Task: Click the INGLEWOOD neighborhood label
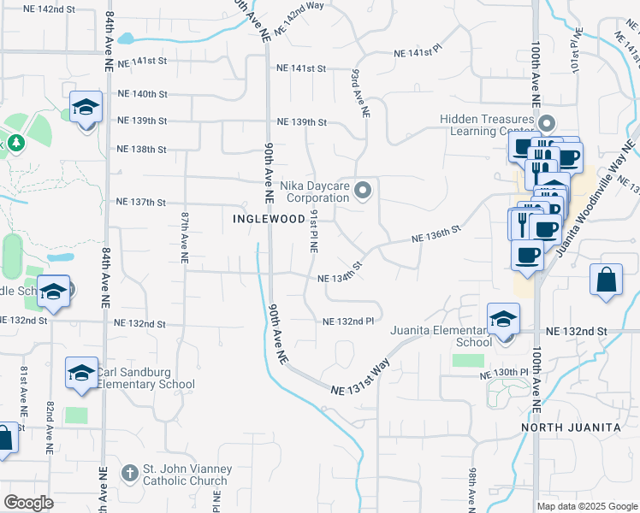point(269,219)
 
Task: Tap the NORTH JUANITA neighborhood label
point(566,427)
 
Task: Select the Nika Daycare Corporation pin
point(363,190)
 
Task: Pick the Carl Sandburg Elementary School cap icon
point(82,374)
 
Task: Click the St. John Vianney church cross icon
point(129,473)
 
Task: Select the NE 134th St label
point(341,278)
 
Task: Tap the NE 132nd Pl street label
point(348,321)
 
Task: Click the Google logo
point(29,504)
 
